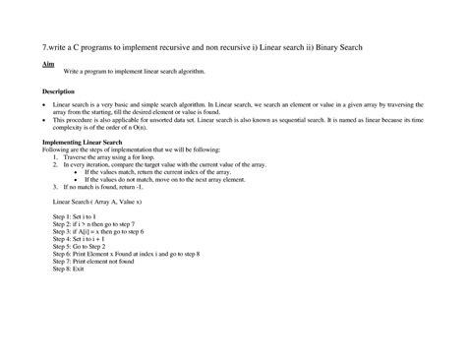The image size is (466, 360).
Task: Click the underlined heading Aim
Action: (46, 63)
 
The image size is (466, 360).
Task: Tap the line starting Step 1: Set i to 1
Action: (75, 213)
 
